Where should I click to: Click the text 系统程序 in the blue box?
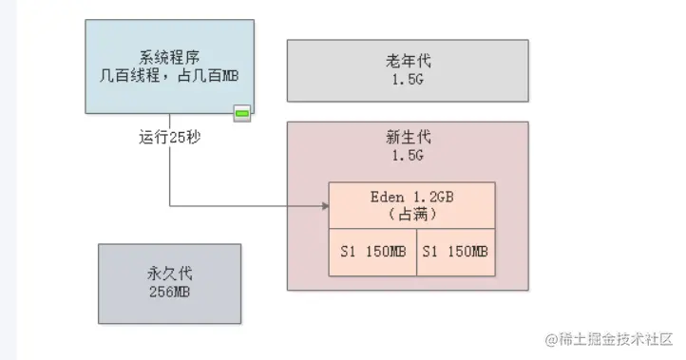tap(170, 58)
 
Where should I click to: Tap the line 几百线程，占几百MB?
tap(169, 76)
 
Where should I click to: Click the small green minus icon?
tap(242, 114)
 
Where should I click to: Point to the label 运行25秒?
tap(170, 138)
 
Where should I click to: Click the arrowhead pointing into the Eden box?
tap(326, 205)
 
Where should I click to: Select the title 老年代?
tap(409, 61)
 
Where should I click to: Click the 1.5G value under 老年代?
tap(408, 80)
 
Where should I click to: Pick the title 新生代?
tap(409, 138)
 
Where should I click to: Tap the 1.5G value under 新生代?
tap(408, 156)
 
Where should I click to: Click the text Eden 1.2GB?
tap(412, 197)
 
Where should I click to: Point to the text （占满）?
tap(412, 215)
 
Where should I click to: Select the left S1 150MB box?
tap(372, 252)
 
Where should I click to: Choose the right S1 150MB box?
tap(456, 252)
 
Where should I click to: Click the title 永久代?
tap(170, 274)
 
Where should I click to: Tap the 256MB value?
tap(170, 292)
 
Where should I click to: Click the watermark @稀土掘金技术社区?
tap(608, 339)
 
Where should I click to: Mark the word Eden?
tap(388, 197)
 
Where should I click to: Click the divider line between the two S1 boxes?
tap(417, 252)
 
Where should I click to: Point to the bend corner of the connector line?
tap(170, 205)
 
